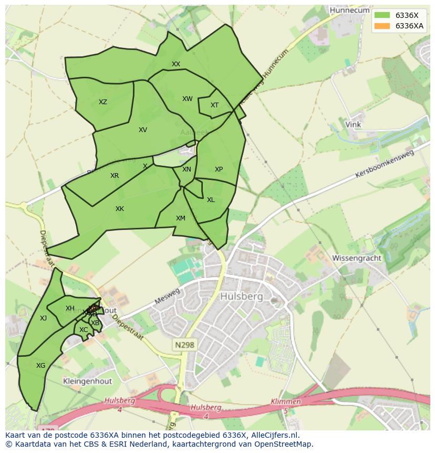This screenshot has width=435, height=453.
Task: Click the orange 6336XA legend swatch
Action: [x=382, y=26]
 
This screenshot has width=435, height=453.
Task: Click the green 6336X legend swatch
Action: [x=382, y=15]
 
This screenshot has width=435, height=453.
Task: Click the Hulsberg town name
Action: [x=242, y=297]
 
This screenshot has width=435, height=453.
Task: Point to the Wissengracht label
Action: [x=356, y=258]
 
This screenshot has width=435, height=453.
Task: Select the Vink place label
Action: [x=353, y=125]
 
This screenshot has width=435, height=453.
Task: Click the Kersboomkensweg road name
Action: [x=385, y=164]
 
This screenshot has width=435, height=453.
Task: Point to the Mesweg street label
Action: [x=168, y=297]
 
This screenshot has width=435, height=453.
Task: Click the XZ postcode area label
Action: [x=103, y=102]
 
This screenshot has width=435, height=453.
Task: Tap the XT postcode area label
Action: [x=214, y=105]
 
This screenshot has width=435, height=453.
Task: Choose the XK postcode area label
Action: [x=120, y=209]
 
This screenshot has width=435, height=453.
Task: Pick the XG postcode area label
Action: [x=40, y=365]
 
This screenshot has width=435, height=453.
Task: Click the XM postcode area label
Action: [x=181, y=218]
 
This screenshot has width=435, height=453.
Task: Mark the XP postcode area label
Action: [x=219, y=169]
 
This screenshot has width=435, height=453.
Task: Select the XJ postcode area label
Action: [x=43, y=318]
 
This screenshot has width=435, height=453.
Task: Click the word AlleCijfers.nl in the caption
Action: [x=275, y=435]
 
